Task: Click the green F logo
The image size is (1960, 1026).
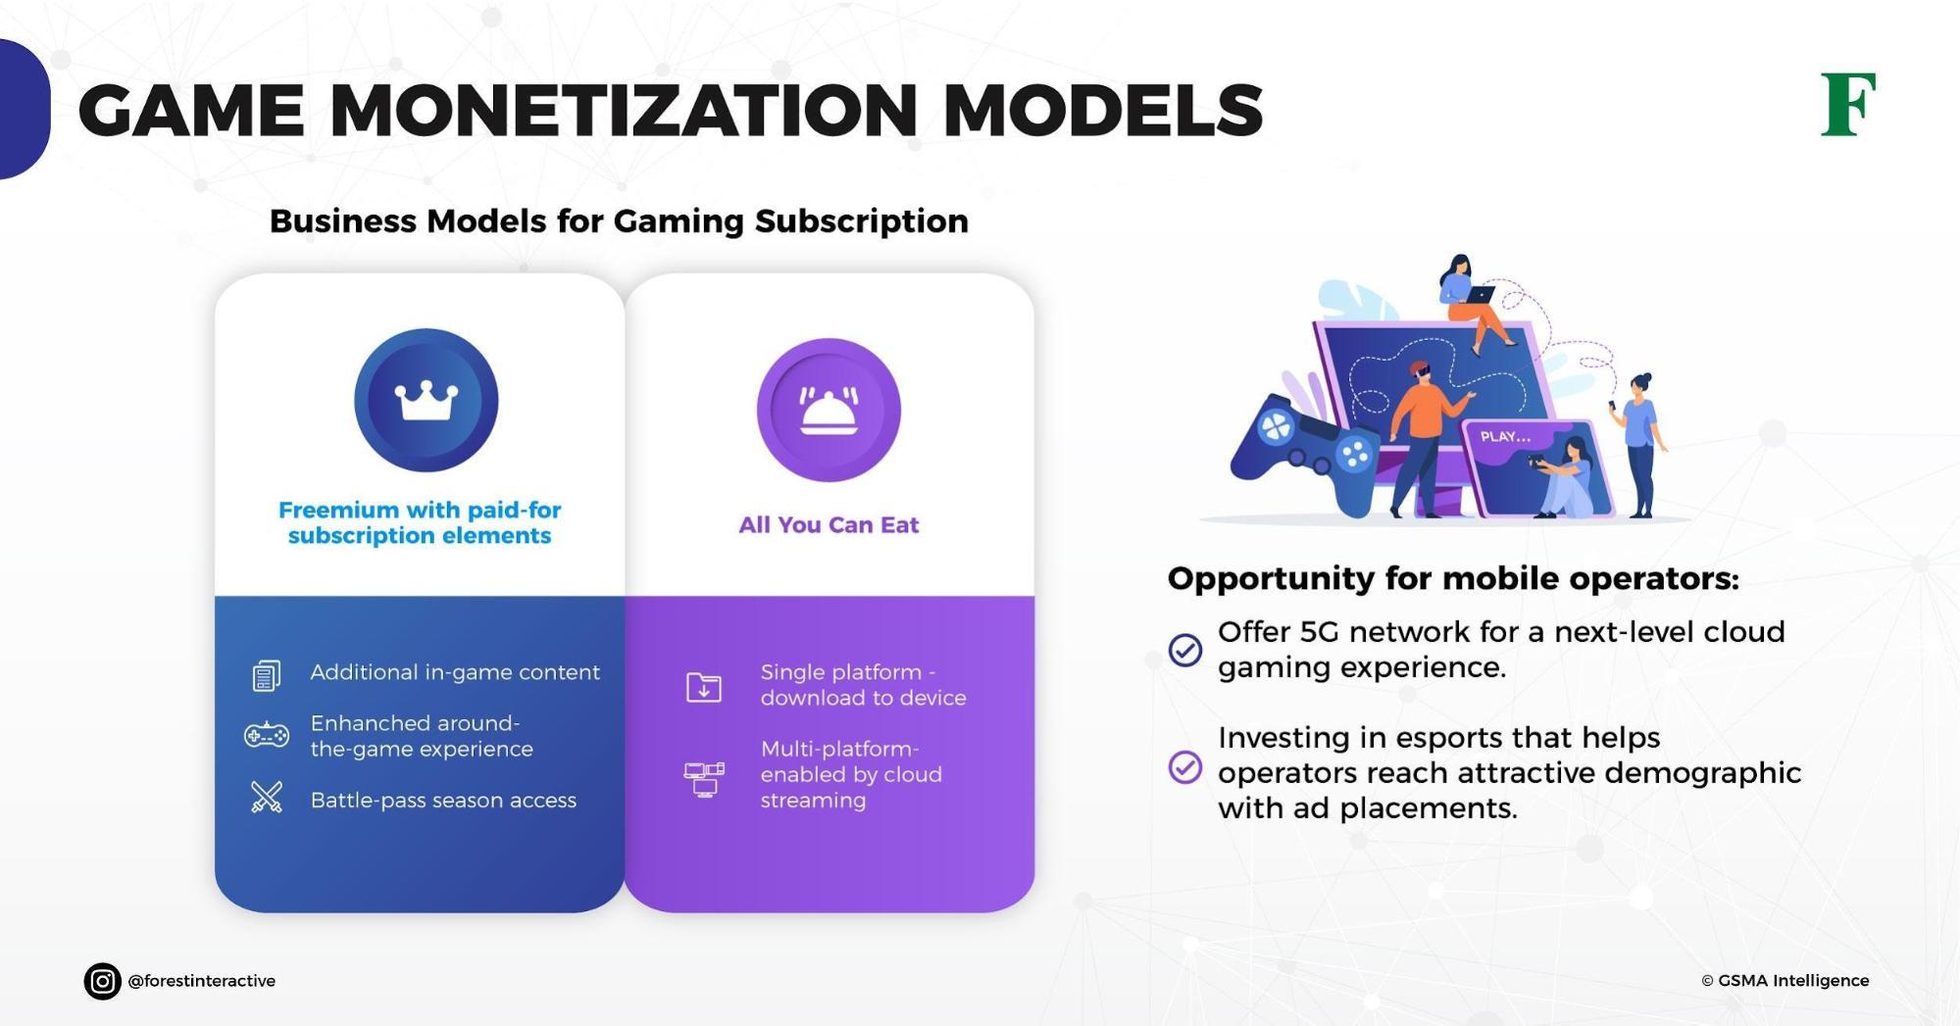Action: point(1847,105)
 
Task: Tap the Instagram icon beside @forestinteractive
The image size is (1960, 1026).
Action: point(102,981)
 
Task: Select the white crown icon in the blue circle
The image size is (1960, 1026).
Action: point(427,401)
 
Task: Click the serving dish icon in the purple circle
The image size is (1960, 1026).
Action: point(829,411)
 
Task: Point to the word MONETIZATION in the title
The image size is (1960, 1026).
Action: point(624,110)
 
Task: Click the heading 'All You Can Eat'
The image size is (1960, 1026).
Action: point(829,525)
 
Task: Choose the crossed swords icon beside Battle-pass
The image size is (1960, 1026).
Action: point(267,798)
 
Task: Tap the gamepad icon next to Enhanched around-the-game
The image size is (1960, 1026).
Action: point(267,734)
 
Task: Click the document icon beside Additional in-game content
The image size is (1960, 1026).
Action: point(267,674)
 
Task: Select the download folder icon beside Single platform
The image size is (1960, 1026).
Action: point(704,687)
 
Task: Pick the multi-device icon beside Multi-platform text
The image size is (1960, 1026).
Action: point(704,779)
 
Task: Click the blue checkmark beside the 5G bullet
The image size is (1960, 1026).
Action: point(1185,649)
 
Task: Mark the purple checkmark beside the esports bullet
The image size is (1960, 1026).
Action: point(1185,767)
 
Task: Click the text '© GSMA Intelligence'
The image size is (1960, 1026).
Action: point(1784,981)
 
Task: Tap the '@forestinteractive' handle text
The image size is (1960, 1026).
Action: point(202,981)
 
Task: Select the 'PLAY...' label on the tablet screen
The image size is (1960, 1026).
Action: point(1505,437)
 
